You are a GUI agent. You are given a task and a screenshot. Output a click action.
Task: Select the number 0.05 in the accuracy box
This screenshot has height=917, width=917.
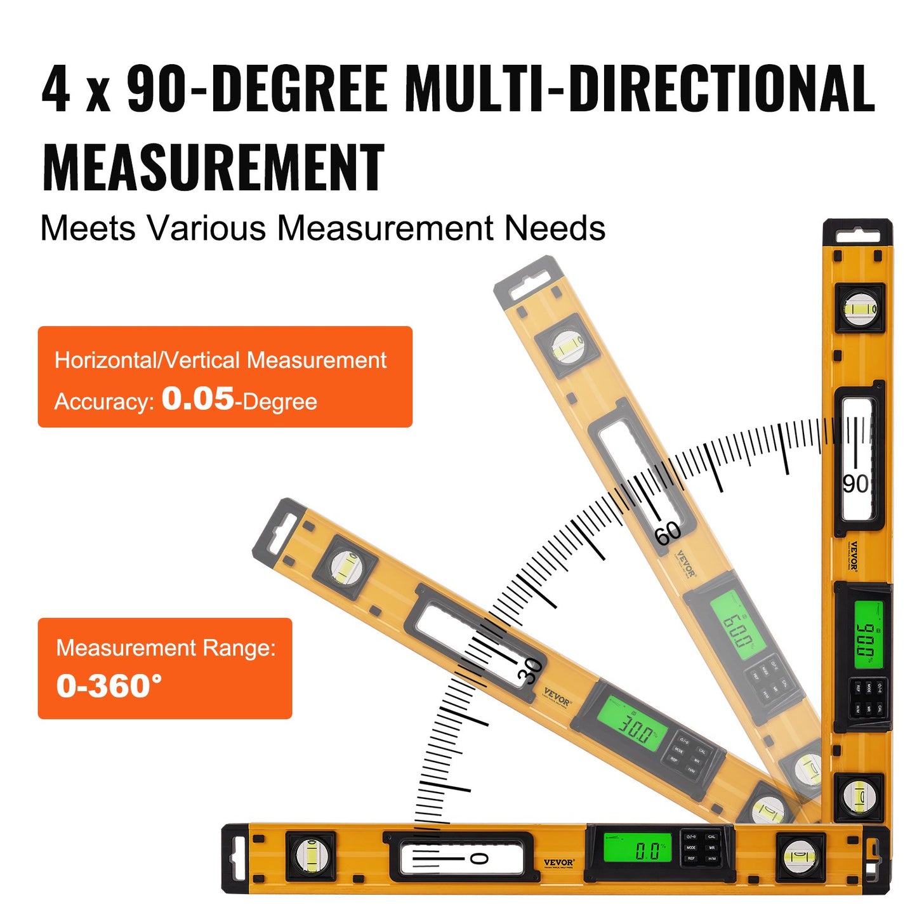197,399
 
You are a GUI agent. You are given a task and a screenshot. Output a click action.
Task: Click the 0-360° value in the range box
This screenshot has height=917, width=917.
109,686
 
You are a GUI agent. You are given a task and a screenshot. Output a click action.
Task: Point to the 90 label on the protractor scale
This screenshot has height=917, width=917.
855,484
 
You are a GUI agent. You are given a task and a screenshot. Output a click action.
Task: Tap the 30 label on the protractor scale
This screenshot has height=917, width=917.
531,671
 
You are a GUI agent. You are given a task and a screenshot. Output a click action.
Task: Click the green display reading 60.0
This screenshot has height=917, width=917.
734,628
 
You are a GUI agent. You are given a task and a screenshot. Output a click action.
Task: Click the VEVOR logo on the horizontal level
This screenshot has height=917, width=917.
558,862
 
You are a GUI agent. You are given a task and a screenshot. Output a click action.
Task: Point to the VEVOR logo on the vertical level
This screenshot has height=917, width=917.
854,556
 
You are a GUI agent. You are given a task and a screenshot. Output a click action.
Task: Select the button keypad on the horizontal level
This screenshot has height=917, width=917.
701,848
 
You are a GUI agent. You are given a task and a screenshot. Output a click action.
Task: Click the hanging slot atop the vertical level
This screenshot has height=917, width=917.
858,237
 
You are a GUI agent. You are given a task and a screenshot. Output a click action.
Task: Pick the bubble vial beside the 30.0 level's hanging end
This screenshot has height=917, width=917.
346,565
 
